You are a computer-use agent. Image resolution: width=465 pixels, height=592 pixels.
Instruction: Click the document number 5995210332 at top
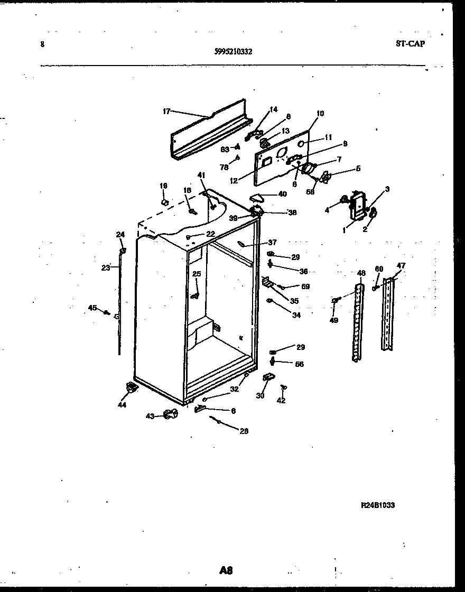point(234,52)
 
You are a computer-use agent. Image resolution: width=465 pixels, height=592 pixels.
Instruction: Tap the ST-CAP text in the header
point(410,44)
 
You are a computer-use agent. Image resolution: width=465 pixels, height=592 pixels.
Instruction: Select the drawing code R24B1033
point(377,505)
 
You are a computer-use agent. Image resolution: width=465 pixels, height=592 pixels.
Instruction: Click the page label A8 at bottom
point(226,570)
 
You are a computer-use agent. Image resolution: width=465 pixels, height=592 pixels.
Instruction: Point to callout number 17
point(166,111)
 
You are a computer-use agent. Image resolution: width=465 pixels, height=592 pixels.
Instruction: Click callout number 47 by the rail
point(401,266)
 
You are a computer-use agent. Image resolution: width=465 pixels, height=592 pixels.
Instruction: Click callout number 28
point(244,431)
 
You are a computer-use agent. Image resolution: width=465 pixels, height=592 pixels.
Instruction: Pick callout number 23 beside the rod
point(105,267)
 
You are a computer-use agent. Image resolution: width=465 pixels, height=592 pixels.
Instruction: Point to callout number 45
point(92,308)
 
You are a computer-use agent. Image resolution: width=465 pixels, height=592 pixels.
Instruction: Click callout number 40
point(282,194)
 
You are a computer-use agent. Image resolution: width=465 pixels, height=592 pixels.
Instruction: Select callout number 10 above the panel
point(320,113)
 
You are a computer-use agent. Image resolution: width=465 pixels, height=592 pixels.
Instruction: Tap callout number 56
point(300,364)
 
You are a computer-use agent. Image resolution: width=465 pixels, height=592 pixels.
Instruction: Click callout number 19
point(163,186)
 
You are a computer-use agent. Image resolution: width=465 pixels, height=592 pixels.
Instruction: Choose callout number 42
point(281,401)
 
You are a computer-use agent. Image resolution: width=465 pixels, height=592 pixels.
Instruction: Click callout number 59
point(305,287)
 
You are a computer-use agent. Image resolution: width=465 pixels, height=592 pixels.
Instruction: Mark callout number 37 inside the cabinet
point(272,243)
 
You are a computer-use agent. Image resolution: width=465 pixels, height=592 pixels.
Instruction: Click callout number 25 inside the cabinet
point(197,274)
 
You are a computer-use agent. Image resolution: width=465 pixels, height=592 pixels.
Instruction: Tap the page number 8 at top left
point(42,44)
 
